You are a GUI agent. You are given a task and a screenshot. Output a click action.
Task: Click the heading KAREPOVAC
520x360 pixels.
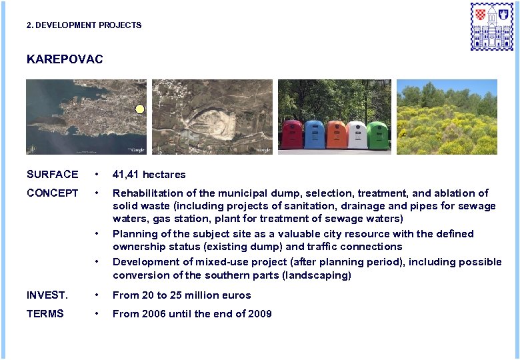coord(65,59)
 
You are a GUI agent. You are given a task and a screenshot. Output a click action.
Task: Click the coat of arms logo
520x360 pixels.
coord(492,26)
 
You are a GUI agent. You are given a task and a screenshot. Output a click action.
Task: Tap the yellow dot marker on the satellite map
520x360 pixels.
coord(139,109)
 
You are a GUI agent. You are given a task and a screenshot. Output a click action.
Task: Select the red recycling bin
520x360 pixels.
coord(292,134)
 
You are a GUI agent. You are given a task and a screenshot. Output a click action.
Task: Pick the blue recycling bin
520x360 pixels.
coord(314,134)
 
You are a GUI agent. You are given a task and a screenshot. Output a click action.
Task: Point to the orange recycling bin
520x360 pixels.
coord(335,134)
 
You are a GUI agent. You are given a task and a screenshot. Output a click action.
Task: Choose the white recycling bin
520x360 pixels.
coord(357,134)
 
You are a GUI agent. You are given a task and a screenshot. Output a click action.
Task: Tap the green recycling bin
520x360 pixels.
coord(378,134)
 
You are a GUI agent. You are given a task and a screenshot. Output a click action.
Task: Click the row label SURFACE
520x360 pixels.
coord(52,175)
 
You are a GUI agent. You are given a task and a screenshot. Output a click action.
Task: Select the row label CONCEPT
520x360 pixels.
coord(52,193)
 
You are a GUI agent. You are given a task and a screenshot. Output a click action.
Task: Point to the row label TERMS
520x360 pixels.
coord(45,314)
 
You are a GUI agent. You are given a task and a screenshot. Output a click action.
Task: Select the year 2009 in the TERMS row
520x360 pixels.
coord(260,314)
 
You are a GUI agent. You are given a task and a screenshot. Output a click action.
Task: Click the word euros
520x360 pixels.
coord(237,295)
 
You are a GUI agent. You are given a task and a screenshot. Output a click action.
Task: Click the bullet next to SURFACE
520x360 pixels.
coord(97,175)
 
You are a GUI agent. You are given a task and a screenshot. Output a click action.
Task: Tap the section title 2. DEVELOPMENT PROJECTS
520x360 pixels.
coord(84,25)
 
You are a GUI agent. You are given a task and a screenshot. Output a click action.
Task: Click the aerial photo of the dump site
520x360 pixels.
coord(212,117)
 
